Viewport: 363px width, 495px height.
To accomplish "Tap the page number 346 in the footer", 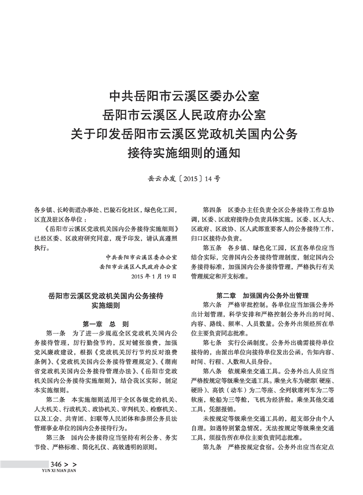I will tap(56, 464).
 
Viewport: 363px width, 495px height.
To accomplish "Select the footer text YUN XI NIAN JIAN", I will tap(58, 471).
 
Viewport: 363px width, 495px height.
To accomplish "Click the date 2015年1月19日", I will tap(153, 275).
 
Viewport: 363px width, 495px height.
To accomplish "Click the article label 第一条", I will tap(56, 333).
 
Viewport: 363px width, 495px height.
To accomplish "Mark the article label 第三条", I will tap(56, 437).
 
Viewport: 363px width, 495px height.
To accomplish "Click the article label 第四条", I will tap(212, 210).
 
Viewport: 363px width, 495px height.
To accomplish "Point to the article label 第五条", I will tap(212, 248).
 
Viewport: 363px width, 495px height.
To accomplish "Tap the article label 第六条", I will tap(212, 305).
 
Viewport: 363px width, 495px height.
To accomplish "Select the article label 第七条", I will tap(212, 343).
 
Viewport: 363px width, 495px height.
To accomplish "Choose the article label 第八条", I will tap(212, 371).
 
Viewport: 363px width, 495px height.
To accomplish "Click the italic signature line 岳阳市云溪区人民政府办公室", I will tap(138, 266).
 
